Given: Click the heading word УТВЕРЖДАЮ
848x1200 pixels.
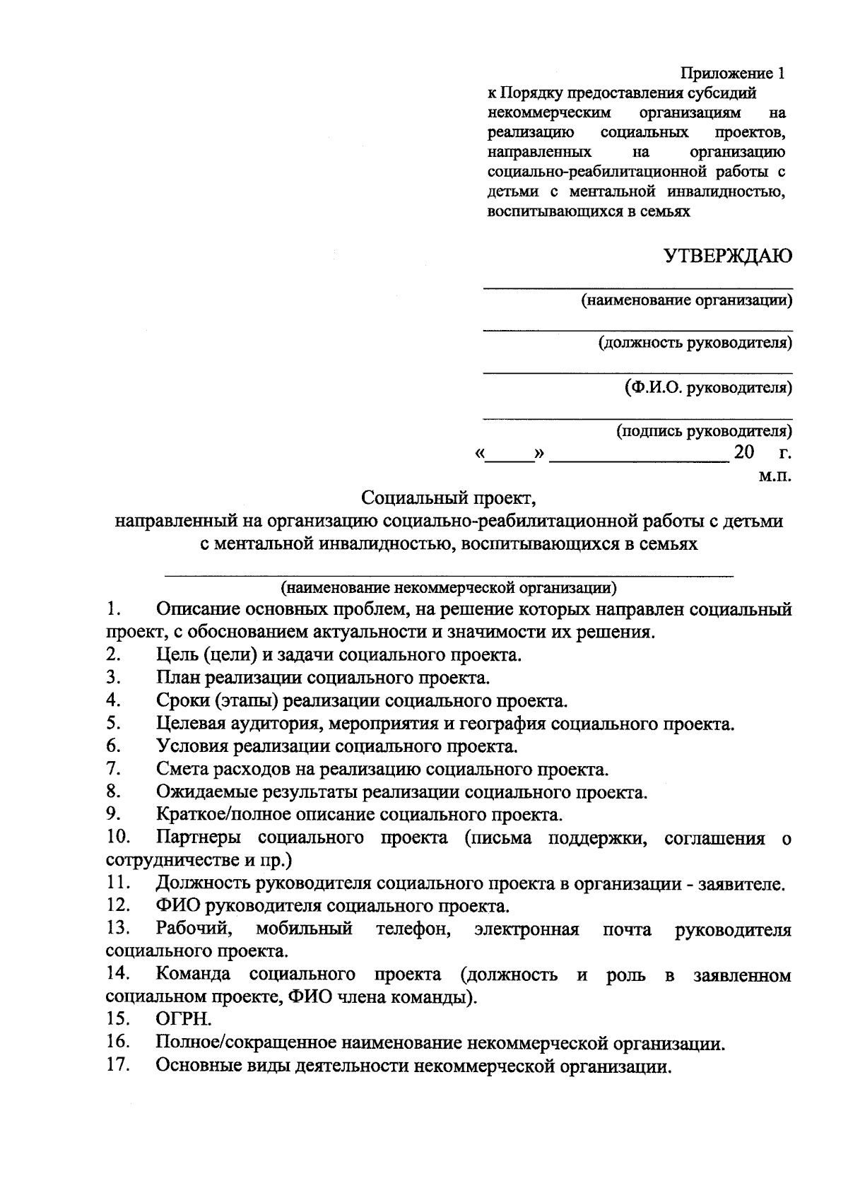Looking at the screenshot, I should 727,257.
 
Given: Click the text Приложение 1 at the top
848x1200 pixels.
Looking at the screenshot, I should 732,73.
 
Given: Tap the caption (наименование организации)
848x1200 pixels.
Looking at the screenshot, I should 686,300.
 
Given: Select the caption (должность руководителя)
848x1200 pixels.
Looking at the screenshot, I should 695,343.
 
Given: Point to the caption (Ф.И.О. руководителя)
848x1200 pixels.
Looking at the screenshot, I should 707,387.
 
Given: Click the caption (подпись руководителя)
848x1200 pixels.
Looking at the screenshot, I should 704,430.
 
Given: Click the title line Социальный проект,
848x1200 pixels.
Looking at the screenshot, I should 450,498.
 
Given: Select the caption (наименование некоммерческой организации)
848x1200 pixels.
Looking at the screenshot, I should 449,587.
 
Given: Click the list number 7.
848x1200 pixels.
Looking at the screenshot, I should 112,768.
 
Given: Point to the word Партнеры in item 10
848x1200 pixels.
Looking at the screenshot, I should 199,838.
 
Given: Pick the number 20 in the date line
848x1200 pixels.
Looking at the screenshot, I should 744,452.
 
